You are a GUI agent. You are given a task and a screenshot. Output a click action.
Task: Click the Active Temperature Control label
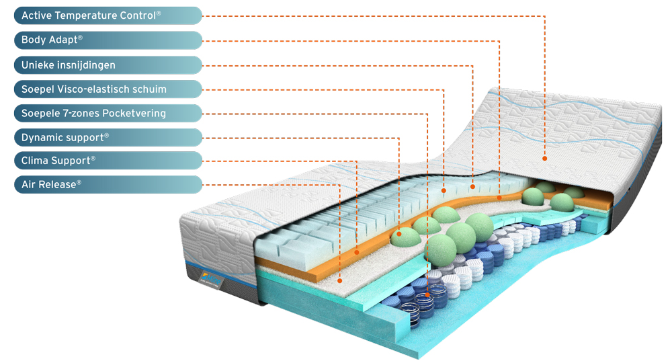coord(108,15)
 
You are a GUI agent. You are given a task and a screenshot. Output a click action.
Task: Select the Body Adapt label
coord(108,40)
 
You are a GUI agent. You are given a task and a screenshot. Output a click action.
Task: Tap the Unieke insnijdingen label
coord(108,65)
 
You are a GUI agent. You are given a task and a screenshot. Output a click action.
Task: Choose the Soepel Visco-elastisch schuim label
coord(108,89)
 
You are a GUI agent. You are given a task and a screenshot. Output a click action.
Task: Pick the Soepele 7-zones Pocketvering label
coord(108,113)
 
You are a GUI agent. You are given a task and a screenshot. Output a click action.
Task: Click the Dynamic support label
coord(108,138)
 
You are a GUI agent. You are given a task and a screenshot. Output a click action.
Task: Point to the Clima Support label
coord(108,161)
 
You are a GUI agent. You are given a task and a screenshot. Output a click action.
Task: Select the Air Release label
coord(108,185)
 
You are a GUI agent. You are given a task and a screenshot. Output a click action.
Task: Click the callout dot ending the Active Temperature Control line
coord(545,159)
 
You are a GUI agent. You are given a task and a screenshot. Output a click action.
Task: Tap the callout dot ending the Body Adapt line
coord(499,198)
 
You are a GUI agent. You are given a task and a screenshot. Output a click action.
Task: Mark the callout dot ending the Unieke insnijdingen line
coord(472,187)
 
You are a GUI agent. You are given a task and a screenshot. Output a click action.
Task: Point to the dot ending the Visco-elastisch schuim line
coord(444,191)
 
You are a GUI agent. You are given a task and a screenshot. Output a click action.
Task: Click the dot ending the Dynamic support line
coord(399,235)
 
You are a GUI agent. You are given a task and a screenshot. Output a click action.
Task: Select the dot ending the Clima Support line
coord(357,253)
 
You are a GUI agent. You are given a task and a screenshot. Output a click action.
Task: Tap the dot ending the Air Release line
coord(339,281)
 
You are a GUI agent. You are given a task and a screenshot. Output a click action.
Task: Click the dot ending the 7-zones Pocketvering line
coord(427,295)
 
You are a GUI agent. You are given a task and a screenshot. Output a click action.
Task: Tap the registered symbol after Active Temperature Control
coord(159,13)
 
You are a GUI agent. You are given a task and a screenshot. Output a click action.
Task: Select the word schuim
coord(150,89)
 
